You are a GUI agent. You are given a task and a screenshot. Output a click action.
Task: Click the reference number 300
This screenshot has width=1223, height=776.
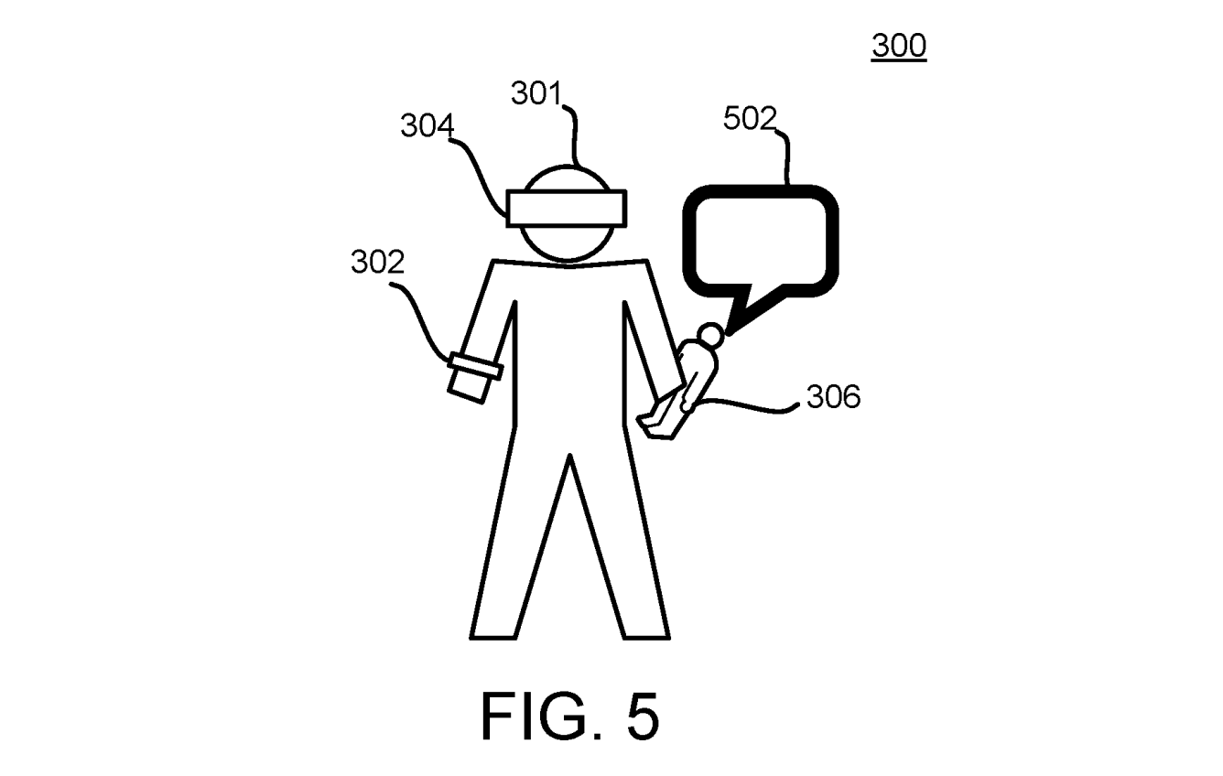click(x=898, y=46)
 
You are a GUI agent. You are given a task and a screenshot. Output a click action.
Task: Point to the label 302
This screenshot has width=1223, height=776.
click(x=377, y=263)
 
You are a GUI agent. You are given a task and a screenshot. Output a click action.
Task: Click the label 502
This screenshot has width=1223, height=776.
click(x=750, y=120)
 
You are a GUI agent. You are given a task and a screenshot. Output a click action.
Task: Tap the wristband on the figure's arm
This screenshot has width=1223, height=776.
click(x=477, y=367)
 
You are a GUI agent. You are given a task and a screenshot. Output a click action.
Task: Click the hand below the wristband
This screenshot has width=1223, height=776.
click(x=469, y=385)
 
